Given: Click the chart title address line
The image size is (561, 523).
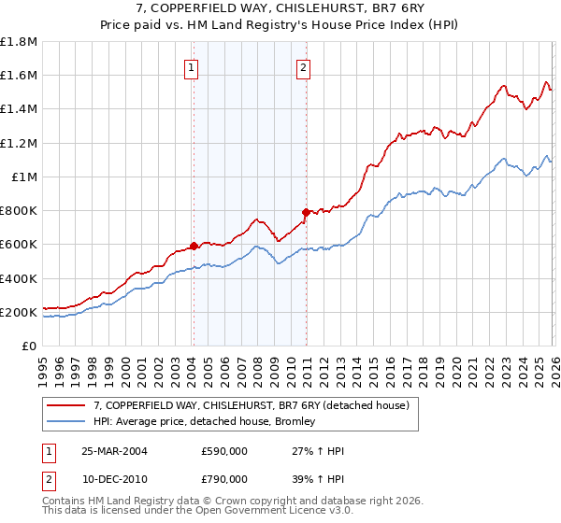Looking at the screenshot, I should click(280, 8).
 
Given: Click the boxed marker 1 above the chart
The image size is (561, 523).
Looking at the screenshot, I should click(191, 66).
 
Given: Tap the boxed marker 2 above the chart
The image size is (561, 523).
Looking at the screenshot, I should click(305, 66).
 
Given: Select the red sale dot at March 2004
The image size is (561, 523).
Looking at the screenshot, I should click(194, 247).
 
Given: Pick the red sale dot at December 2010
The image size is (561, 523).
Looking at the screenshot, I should click(306, 212).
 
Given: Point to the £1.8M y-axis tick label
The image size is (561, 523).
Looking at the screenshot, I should click(19, 42).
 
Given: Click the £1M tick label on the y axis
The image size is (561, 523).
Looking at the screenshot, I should click(24, 177).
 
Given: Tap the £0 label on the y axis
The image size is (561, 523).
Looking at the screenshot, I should click(30, 346).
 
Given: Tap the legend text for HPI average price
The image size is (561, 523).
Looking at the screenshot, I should click(205, 422).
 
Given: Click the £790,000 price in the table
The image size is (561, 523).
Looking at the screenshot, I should click(224, 478).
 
